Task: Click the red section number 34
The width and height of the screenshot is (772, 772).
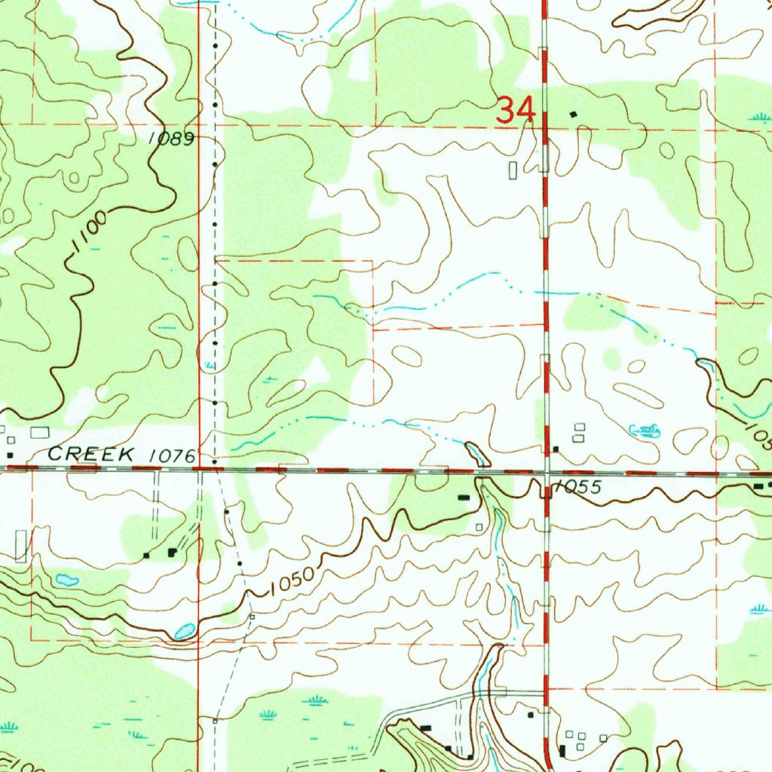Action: (x=516, y=111)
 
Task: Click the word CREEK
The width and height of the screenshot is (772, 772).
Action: (x=91, y=454)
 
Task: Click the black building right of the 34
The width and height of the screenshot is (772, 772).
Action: (x=574, y=114)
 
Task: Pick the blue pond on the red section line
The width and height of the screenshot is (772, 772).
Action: (x=184, y=630)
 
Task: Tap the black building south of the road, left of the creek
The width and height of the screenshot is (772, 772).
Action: (x=464, y=498)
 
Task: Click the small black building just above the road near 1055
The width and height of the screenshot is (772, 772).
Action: (x=556, y=449)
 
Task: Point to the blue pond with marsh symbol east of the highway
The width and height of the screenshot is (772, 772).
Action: (x=645, y=430)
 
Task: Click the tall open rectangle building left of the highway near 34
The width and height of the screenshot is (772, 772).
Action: (x=513, y=170)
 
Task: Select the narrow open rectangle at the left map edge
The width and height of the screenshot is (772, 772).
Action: (x=20, y=546)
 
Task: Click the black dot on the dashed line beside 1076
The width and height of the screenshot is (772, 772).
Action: (x=215, y=461)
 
